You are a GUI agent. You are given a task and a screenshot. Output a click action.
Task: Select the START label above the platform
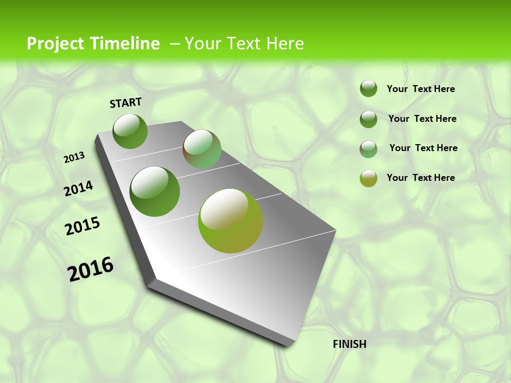[x=126, y=103]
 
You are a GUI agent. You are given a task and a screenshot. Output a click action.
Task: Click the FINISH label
[x=350, y=344]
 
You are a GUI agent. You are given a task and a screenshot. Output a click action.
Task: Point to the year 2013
[x=75, y=157]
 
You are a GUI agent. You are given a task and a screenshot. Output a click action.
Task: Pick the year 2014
[x=78, y=189]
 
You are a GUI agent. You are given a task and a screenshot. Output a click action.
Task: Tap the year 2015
[x=83, y=226]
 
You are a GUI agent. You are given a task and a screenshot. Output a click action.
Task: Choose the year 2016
[x=90, y=269]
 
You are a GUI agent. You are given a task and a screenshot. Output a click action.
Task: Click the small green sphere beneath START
[x=130, y=131]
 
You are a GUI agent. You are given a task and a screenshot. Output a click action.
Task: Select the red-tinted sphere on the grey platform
[x=202, y=149]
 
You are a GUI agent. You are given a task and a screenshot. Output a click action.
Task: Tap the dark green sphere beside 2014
[x=155, y=191]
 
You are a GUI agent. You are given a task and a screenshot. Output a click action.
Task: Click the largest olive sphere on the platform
[x=230, y=221]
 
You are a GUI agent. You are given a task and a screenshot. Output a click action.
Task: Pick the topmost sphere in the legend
[x=368, y=88]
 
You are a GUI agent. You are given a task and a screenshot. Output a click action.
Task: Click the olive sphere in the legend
[x=368, y=178]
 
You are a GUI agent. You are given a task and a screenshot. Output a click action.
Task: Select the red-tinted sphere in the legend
[x=368, y=149]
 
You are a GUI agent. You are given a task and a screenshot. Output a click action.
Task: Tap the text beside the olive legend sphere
[x=421, y=178]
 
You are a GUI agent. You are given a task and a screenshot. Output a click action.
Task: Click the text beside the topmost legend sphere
[x=421, y=89]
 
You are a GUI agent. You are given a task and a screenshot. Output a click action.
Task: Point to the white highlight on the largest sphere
[x=224, y=209]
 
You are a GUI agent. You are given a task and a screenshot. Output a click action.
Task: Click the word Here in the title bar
[x=285, y=44]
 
